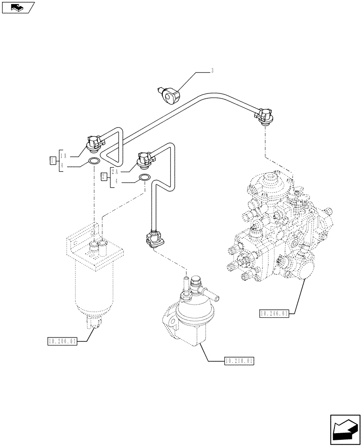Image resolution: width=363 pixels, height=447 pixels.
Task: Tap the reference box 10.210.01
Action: click(240, 360)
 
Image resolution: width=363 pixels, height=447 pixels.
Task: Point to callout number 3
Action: click(212, 71)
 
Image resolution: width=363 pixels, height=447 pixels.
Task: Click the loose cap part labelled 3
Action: click(172, 95)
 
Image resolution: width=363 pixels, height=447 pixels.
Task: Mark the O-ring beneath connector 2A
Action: click(145, 178)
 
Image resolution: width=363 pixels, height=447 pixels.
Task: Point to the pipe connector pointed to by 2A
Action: click(145, 160)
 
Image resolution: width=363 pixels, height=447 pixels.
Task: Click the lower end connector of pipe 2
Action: click(154, 239)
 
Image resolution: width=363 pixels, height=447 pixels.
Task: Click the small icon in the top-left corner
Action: click(17, 7)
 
